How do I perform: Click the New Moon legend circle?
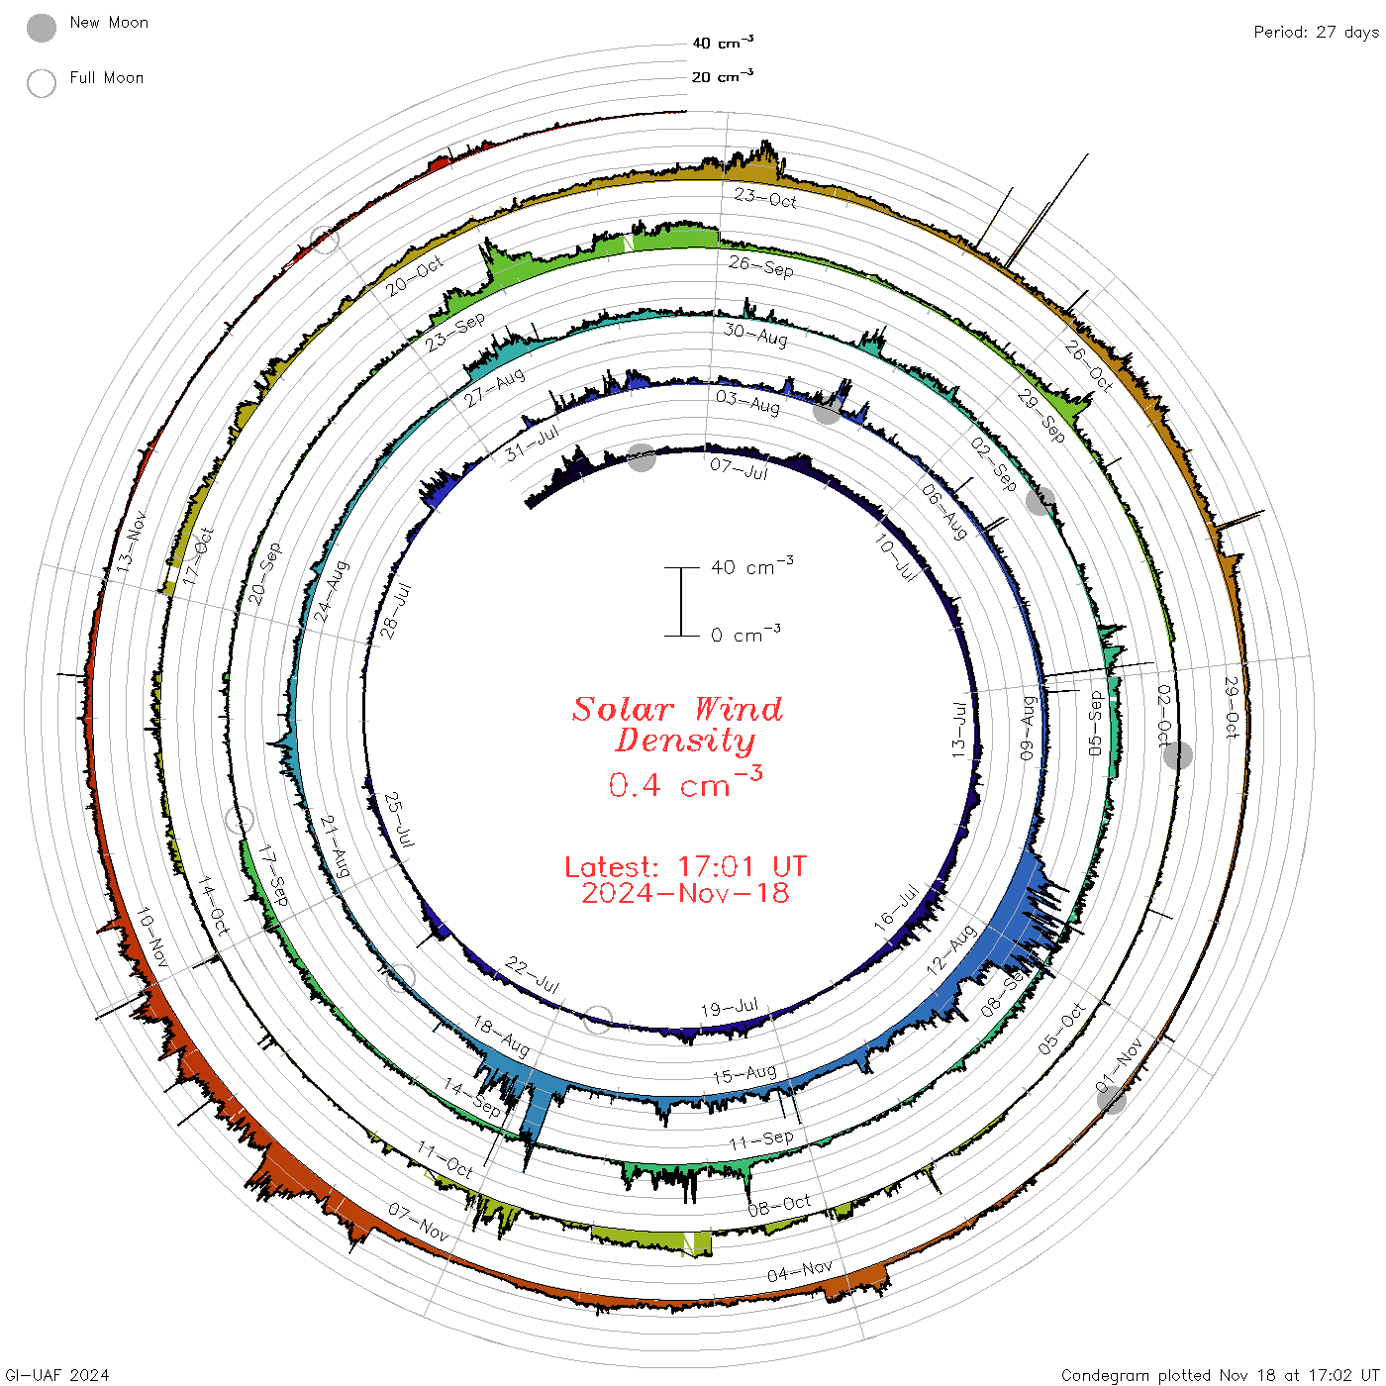click(41, 28)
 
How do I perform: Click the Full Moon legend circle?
click(41, 83)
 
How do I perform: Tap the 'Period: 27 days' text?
click(1316, 33)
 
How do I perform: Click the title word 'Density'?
click(685, 741)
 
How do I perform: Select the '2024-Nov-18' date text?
click(685, 893)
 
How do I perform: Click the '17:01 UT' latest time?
click(742, 866)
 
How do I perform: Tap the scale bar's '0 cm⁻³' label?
click(745, 634)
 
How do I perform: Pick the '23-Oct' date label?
click(765, 198)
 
